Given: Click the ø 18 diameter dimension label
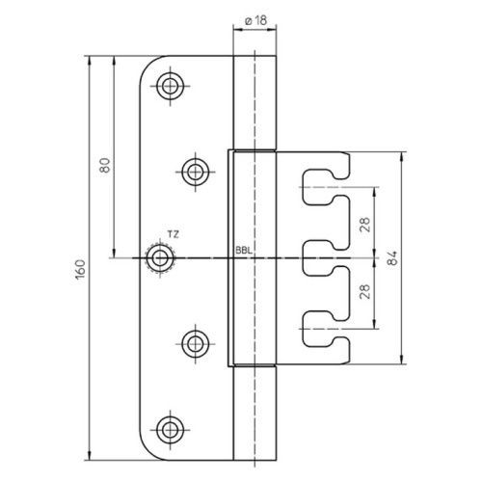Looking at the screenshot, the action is pyautogui.click(x=255, y=20).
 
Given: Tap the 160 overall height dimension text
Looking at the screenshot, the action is pyautogui.click(x=80, y=269).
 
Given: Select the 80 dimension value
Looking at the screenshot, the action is pyautogui.click(x=105, y=166).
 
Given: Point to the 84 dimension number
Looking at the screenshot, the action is pyautogui.click(x=391, y=257).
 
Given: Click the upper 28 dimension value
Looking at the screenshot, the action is pyautogui.click(x=365, y=225).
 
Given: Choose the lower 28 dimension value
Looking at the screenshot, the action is pyautogui.click(x=365, y=292).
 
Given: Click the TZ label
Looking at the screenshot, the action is pyautogui.click(x=173, y=234).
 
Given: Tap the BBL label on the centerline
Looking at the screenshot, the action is pyautogui.click(x=244, y=251).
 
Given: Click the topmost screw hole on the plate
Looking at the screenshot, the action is pyautogui.click(x=171, y=86).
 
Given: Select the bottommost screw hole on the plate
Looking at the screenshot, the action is pyautogui.click(x=171, y=430).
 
